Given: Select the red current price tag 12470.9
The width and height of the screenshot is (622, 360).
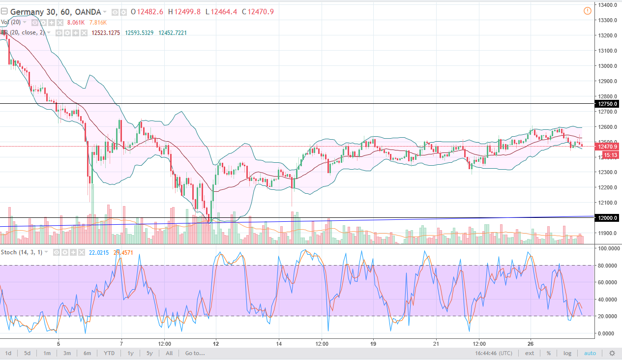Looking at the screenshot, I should (x=606, y=146).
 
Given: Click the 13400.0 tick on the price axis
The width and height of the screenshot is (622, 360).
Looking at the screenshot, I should (x=607, y=5).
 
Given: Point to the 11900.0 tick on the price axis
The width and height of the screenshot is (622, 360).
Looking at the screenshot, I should (x=607, y=233).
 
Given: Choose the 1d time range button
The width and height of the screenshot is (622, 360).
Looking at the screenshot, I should (x=9, y=353).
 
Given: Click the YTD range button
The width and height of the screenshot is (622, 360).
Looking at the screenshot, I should (x=110, y=353).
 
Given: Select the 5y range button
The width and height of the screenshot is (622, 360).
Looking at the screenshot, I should (x=149, y=353).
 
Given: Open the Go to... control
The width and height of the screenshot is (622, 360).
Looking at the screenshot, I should (x=195, y=353).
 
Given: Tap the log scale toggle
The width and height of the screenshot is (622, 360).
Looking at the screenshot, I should (x=567, y=353).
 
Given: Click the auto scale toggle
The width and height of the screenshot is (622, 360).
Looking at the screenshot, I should (x=590, y=353).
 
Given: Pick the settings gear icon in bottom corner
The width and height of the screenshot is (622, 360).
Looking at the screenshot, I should (x=612, y=353).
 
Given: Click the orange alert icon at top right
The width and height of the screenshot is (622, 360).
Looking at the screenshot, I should (x=587, y=11).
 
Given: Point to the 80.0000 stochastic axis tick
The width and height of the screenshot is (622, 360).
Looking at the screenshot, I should (x=607, y=266).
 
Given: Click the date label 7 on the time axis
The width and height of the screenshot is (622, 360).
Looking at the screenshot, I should (x=121, y=343).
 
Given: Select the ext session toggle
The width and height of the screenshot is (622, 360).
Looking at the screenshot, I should (x=530, y=353).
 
